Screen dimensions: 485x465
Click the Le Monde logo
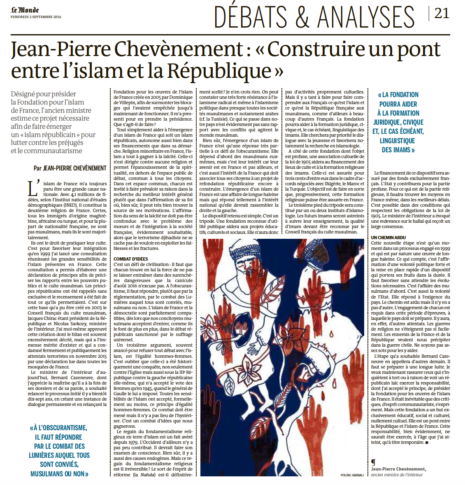coord(25,10)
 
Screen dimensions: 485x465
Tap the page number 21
coord(441,14)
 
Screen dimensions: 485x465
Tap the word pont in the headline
coord(421,49)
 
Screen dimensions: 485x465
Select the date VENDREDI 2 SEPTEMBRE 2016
coord(35,17)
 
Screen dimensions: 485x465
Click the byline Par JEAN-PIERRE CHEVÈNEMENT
coord(70,168)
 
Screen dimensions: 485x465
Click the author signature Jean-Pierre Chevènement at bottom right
coord(398,469)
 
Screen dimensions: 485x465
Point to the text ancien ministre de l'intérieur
coord(397,475)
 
